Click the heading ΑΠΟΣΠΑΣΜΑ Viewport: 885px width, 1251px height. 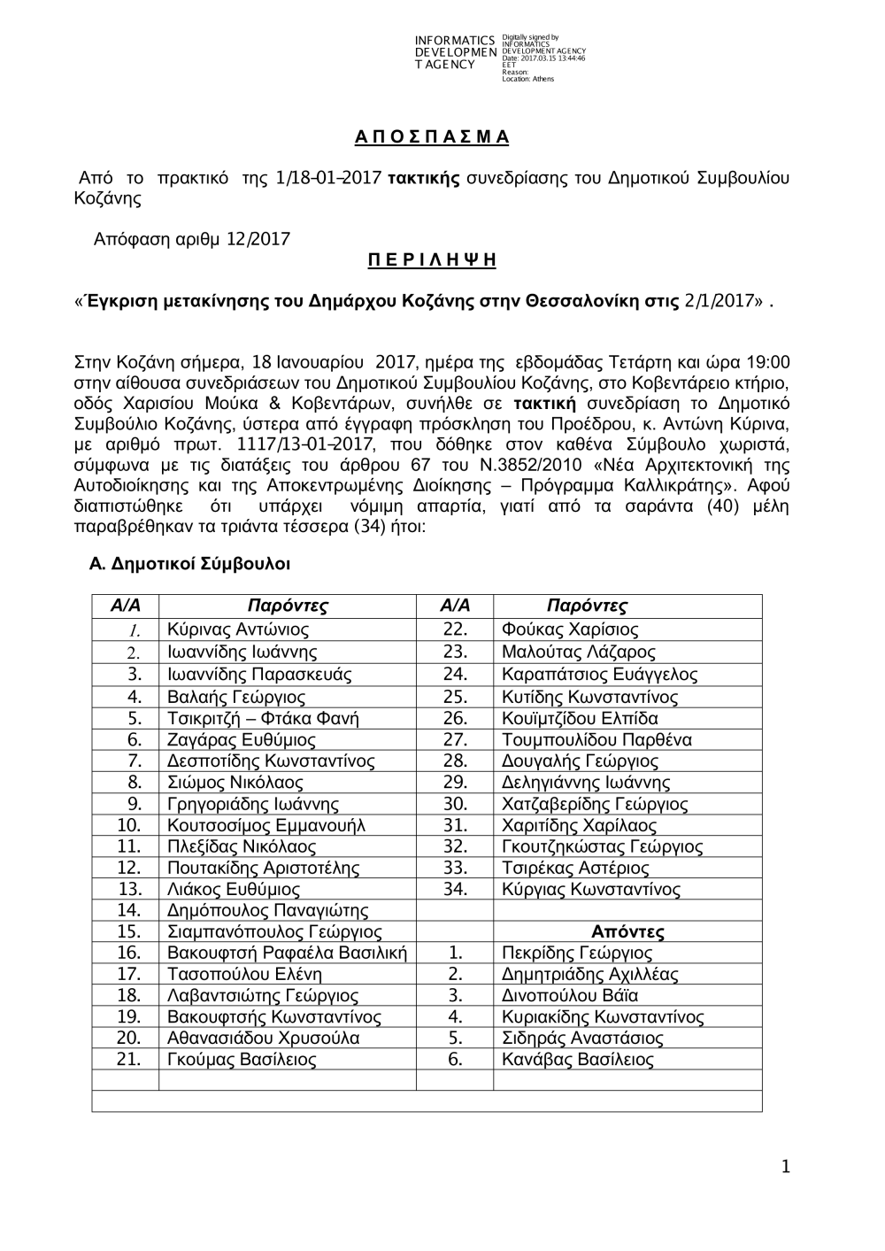[432, 137]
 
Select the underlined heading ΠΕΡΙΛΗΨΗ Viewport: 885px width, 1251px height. [432, 260]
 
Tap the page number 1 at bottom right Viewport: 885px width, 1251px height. [784, 1168]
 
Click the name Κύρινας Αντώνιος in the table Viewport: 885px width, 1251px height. [238, 630]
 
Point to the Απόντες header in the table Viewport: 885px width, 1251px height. [627, 931]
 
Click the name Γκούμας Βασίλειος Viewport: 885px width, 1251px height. [242, 1060]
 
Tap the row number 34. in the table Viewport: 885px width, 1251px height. [455, 889]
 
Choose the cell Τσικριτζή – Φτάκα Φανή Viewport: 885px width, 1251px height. [263, 718]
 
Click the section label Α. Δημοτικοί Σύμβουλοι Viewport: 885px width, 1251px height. [190, 564]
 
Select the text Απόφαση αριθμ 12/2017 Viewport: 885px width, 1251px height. [192, 238]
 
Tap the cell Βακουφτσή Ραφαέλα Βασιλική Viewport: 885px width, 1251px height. [287, 954]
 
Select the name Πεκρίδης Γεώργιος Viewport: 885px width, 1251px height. [576, 954]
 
